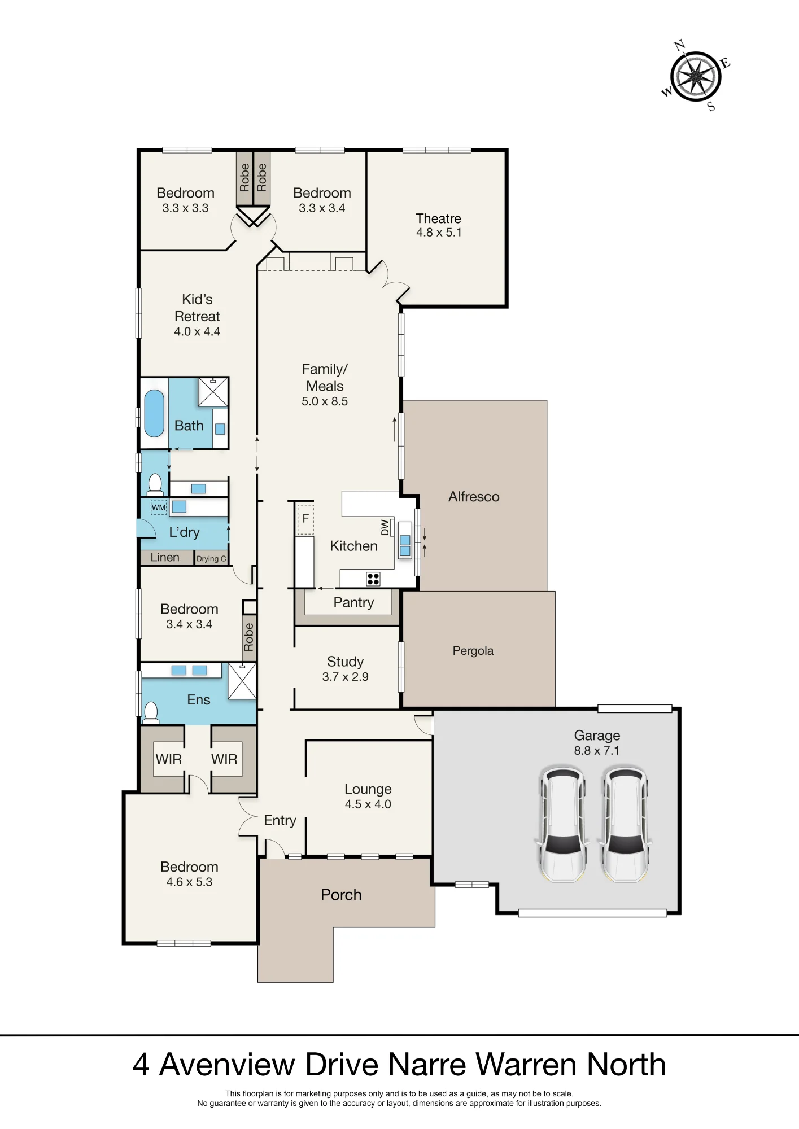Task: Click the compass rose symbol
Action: pyautogui.click(x=696, y=76)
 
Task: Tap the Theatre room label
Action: pyautogui.click(x=438, y=218)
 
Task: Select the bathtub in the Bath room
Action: pyautogui.click(x=154, y=413)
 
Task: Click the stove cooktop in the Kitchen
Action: pyautogui.click(x=373, y=579)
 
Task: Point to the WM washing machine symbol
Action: pyautogui.click(x=159, y=507)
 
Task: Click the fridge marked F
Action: pyautogui.click(x=305, y=518)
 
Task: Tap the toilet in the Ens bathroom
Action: pyautogui.click(x=151, y=712)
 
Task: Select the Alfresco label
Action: pyautogui.click(x=474, y=497)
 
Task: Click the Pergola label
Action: pyautogui.click(x=473, y=651)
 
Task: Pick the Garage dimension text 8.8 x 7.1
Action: pyautogui.click(x=597, y=751)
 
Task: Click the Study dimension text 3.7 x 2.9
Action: pyautogui.click(x=345, y=677)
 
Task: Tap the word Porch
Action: pyautogui.click(x=341, y=895)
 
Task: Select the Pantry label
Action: pyautogui.click(x=353, y=603)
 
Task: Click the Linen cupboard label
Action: pyautogui.click(x=165, y=557)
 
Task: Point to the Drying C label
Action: pyautogui.click(x=211, y=559)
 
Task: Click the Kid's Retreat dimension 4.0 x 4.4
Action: pyautogui.click(x=197, y=332)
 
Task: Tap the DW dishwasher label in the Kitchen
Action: pyautogui.click(x=385, y=527)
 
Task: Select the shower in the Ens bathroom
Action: pyautogui.click(x=242, y=681)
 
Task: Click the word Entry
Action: pyautogui.click(x=280, y=821)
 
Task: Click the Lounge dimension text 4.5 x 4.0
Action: pyautogui.click(x=368, y=804)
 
